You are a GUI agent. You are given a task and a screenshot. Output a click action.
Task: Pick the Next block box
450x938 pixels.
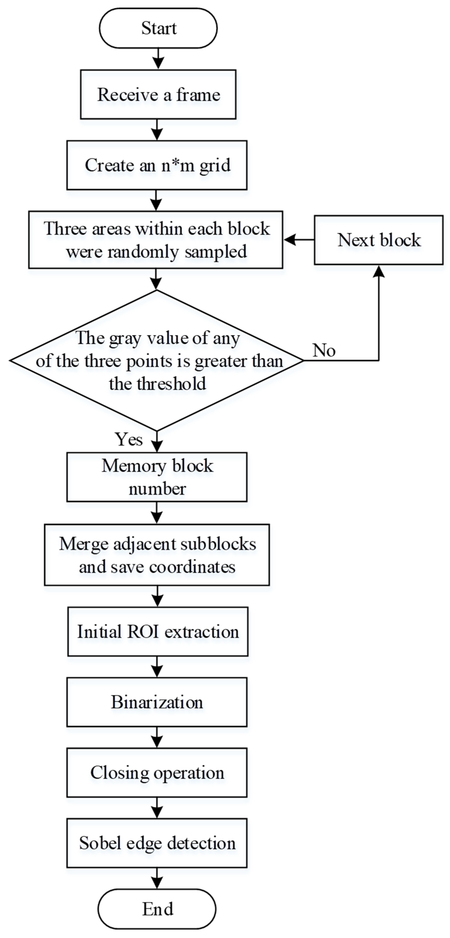point(378,240)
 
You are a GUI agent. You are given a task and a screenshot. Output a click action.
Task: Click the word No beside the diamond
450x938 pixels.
point(324,350)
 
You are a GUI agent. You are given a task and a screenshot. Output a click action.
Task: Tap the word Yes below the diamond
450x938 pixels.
point(128,439)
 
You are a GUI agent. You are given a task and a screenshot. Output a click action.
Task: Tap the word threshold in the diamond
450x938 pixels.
point(171,383)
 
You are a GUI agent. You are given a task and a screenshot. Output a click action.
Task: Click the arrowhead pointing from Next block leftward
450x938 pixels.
point(289,240)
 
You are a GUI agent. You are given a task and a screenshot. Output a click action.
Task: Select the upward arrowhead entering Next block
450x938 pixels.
point(379,271)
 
